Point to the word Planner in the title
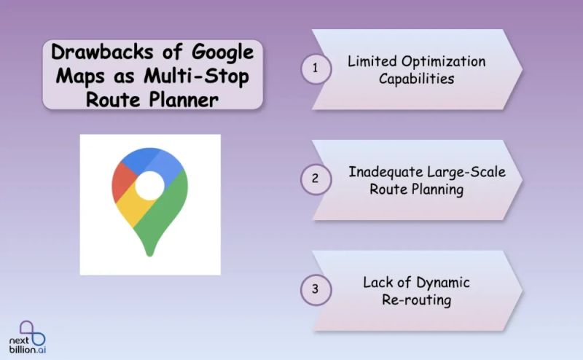(184, 99)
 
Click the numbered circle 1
(316, 69)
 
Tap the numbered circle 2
(316, 179)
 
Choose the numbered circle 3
(316, 289)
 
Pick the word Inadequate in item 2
(385, 172)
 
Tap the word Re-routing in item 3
(416, 300)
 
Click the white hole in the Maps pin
(149, 186)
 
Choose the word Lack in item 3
(377, 282)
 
